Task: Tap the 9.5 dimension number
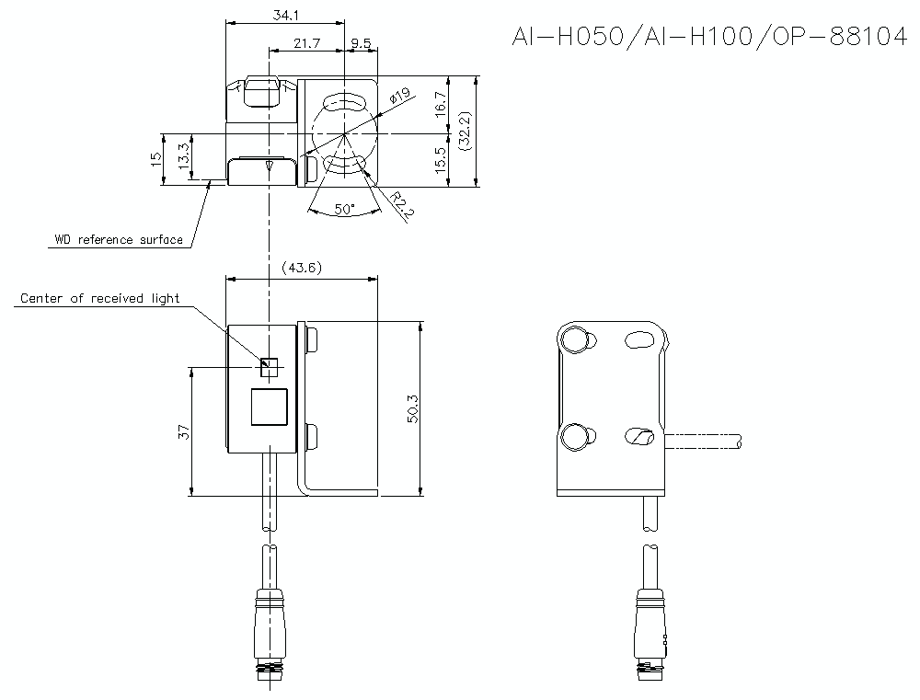[361, 43]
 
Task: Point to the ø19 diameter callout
[399, 97]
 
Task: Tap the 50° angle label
[345, 209]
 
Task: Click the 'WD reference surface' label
[118, 240]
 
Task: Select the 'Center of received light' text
[99, 298]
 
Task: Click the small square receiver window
[269, 367]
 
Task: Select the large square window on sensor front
[269, 407]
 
